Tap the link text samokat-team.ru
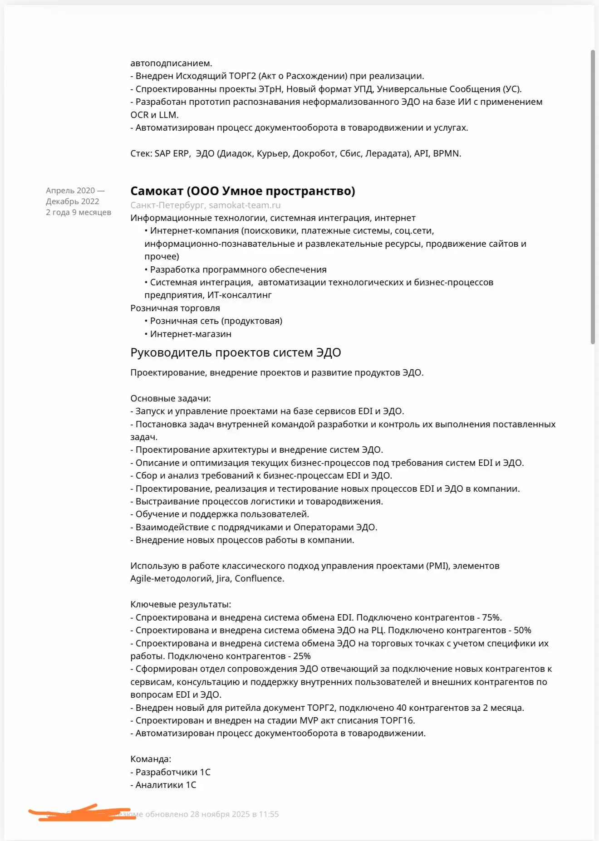pos(245,205)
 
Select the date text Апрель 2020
pos(70,191)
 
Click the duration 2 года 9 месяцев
pos(78,212)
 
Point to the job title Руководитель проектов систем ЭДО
pos(236,352)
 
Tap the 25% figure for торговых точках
pos(302,656)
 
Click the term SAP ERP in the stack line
pos(172,153)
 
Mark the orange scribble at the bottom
pos(82,814)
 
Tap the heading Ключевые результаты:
pos(181,604)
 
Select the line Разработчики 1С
pos(172,772)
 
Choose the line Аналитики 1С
pos(166,785)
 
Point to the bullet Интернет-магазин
pos(191,334)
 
